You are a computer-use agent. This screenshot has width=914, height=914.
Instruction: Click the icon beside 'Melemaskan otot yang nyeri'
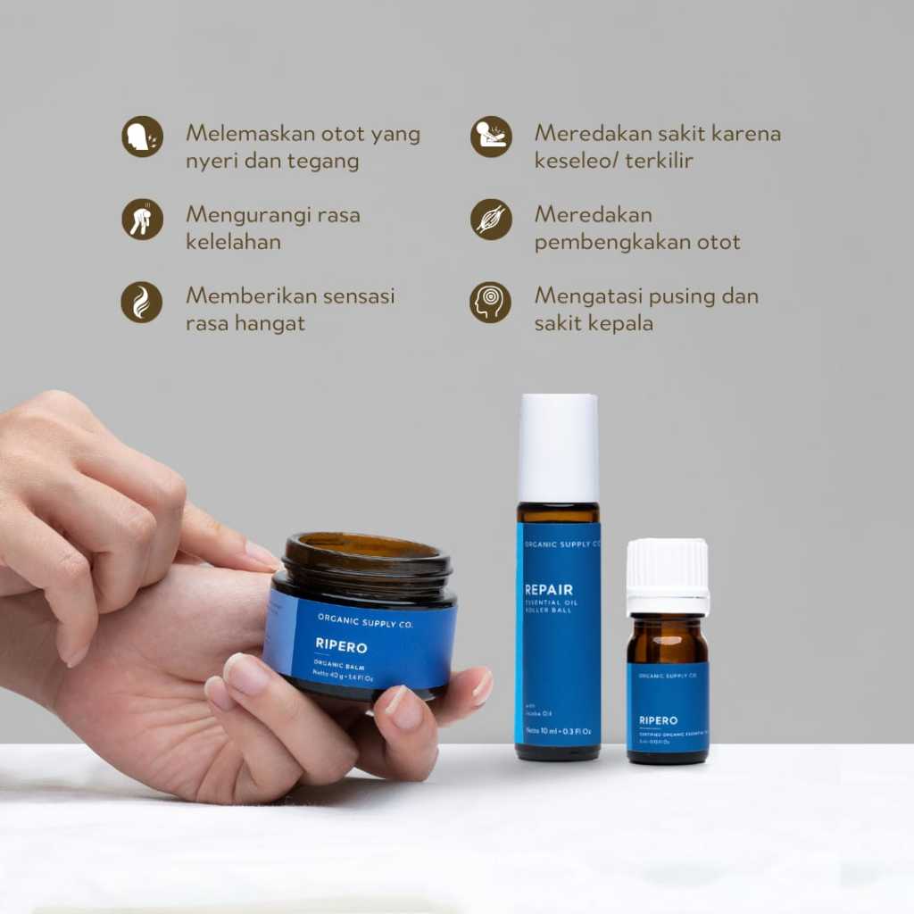pos(143,137)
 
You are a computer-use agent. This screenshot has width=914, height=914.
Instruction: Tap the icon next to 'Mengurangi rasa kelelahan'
pos(143,220)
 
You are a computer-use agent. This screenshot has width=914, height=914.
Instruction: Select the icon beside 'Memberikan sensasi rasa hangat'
pos(142,302)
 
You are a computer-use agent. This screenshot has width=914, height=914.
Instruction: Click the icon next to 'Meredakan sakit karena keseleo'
pos(491,137)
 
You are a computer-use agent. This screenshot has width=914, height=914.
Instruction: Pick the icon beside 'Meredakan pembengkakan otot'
pos(491,220)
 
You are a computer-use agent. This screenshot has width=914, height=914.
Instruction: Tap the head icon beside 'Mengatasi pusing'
pos(491,302)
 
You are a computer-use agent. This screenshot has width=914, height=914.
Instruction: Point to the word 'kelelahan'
pos(233,242)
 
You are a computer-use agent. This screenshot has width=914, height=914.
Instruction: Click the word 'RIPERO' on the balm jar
pos(341,645)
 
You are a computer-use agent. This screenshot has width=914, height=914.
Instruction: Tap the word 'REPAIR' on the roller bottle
pos(549,590)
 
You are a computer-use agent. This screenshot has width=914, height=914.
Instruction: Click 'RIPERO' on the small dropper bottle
pos(658,720)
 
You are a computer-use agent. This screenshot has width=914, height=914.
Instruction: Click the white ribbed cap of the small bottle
pos(668,577)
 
